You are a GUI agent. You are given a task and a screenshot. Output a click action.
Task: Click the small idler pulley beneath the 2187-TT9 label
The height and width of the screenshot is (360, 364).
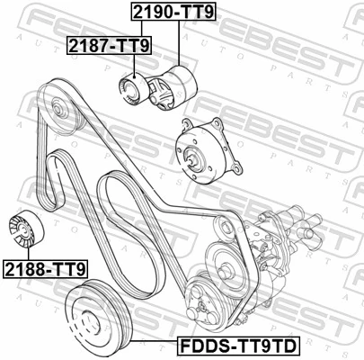[130, 88]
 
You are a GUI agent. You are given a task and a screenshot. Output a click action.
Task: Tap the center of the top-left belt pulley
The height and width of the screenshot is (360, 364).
[60, 112]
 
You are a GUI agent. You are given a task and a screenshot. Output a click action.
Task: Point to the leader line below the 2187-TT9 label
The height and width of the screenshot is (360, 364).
[133, 63]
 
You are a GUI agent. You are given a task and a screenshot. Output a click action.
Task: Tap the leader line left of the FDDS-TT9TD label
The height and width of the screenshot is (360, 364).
[144, 344]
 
